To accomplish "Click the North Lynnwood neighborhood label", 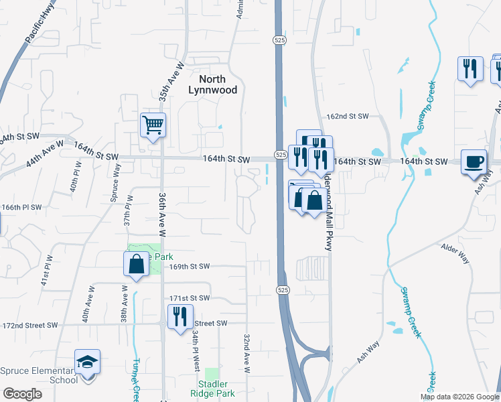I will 213,84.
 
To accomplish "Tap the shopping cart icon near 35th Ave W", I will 153,124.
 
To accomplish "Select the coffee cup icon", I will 474,161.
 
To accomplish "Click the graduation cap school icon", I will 87,362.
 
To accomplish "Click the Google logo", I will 22,394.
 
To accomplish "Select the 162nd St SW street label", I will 348,117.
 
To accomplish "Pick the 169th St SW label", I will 190,267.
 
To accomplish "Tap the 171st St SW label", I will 190,298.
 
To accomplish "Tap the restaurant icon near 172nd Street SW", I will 180,316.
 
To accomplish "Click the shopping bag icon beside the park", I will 136,263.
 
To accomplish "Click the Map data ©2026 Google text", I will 459,397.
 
